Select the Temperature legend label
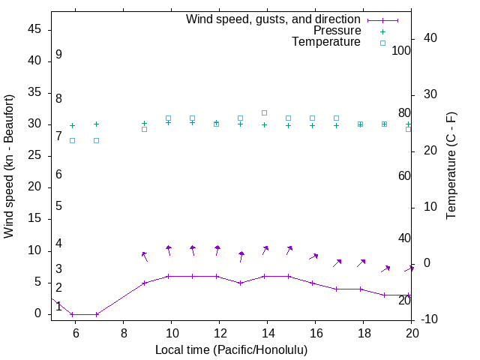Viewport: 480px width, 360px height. (326, 42)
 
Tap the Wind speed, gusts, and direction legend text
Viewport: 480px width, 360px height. (274, 19)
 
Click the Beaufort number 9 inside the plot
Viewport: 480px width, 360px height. (58, 55)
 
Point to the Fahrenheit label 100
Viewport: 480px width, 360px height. (401, 51)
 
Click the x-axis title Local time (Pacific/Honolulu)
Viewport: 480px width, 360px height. (231, 349)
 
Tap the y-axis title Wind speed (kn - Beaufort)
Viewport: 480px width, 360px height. (9, 166)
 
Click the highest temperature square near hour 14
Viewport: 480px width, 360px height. (264, 113)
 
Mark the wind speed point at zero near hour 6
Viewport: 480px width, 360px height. (73, 314)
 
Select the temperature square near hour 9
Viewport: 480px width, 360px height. (145, 129)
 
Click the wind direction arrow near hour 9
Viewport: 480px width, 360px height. (145, 256)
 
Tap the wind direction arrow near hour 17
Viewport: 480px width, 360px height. (337, 262)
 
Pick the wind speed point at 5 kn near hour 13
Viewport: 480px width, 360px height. (240, 283)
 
